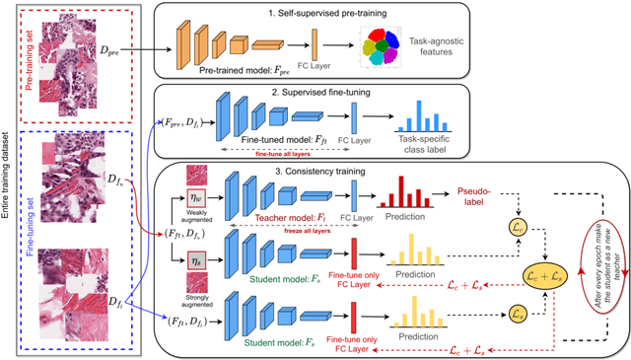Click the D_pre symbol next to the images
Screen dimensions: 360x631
pyautogui.click(x=118, y=46)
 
